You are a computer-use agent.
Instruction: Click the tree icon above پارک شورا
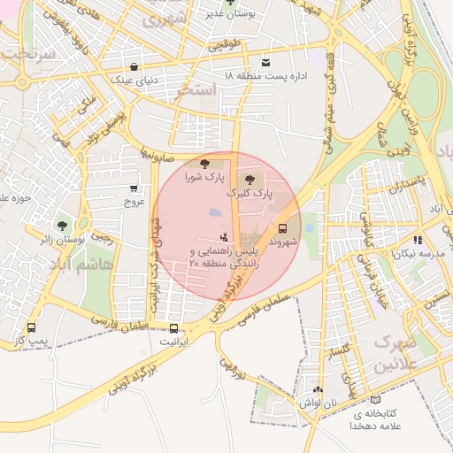[x=204, y=163]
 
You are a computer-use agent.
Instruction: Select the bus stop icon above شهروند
[x=282, y=226]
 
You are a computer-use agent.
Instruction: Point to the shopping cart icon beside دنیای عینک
[x=134, y=66]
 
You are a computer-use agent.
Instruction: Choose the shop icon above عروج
[x=134, y=188]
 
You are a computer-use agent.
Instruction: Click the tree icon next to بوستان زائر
[x=62, y=226]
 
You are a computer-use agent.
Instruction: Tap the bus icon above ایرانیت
[x=168, y=326]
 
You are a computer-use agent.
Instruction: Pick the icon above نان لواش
[x=318, y=389]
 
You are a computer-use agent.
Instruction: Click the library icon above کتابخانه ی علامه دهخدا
[x=377, y=399]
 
